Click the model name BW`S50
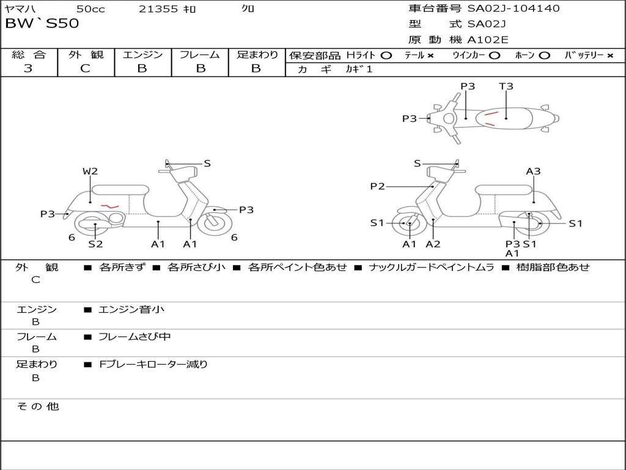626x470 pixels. tap(42, 24)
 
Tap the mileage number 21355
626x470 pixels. tap(158, 9)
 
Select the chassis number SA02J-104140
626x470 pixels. tap(514, 8)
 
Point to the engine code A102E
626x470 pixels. tap(488, 40)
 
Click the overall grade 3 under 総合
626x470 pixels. tap(28, 69)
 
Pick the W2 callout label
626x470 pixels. tap(90, 171)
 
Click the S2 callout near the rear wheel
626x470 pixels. tap(95, 244)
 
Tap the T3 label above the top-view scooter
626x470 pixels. tap(506, 86)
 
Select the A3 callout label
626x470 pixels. tap(533, 171)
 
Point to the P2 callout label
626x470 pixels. tap(378, 186)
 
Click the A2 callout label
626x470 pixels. tap(433, 244)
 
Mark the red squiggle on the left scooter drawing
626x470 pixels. tap(109, 206)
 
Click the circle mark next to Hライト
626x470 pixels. tap(386, 55)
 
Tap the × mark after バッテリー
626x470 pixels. tap(610, 55)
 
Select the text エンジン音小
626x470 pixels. tap(131, 310)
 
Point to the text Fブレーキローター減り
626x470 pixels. tap(153, 364)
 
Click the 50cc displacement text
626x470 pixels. tap(90, 9)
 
